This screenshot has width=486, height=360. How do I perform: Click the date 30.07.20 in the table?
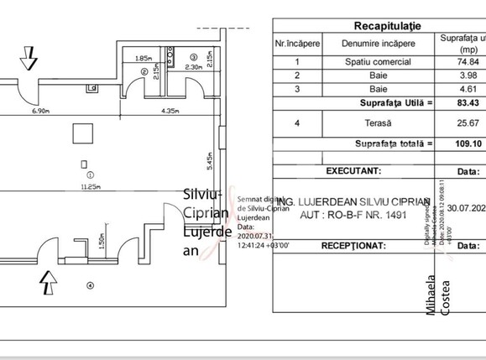(466, 208)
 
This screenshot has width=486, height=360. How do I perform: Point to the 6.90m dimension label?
(44, 111)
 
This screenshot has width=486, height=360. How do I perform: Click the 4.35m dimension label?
(173, 111)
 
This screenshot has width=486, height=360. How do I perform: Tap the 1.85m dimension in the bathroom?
(143, 59)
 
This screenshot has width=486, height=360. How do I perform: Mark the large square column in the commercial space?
(82, 133)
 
